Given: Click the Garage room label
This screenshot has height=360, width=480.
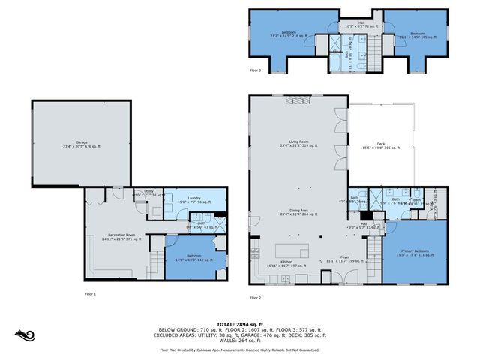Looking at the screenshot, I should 82,144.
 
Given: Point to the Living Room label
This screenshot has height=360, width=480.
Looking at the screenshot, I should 300,145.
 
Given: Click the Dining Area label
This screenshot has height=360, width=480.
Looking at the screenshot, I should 300,212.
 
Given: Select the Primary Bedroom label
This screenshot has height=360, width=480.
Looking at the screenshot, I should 414,253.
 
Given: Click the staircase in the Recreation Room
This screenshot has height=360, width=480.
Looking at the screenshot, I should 153,263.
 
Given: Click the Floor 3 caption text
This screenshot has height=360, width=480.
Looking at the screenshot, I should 256,70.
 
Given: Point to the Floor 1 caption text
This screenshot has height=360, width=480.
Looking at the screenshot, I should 90,293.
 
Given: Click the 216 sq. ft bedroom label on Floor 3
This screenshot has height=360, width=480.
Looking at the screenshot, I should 289,34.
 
